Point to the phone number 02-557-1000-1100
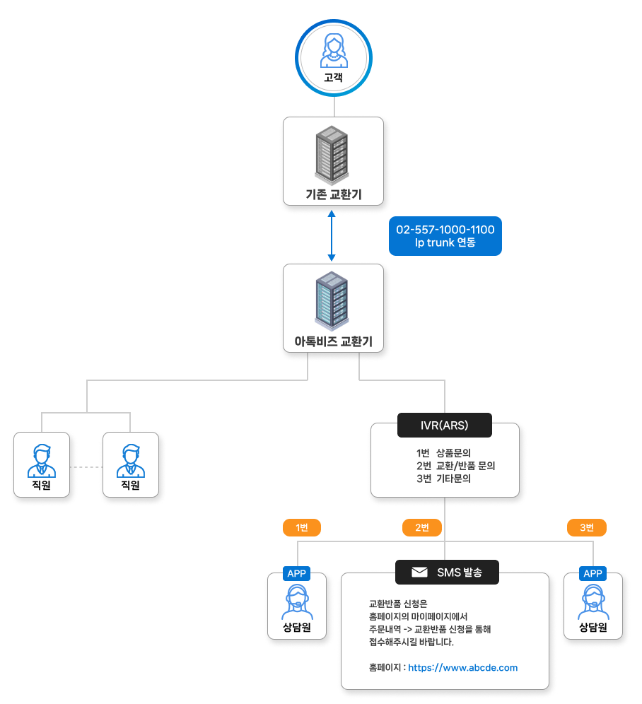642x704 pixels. [x=445, y=230]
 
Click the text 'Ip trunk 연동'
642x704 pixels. [x=445, y=243]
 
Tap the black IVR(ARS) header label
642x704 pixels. [x=445, y=426]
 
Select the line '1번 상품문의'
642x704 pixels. [x=444, y=452]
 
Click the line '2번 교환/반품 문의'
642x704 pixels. [x=455, y=465]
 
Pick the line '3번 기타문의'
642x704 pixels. [x=444, y=478]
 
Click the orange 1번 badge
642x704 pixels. [x=302, y=527]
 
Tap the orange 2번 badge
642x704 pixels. [x=422, y=527]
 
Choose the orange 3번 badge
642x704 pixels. [x=587, y=527]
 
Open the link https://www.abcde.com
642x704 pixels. [x=462, y=667]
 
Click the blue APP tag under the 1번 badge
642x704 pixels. [x=296, y=573]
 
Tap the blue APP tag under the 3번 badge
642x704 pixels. [x=593, y=573]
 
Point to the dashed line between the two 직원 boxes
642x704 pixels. [x=86, y=467]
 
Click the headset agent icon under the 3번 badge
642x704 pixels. [x=593, y=602]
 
